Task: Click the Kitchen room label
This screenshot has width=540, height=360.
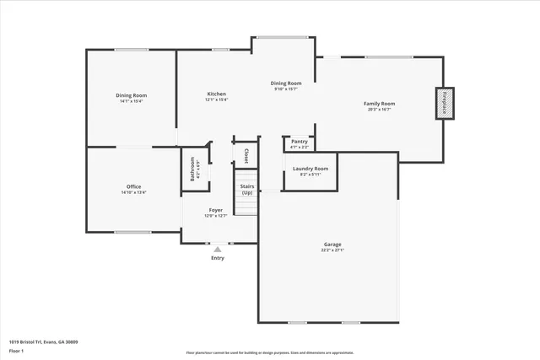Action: (x=217, y=94)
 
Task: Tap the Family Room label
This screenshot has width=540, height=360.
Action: (x=379, y=104)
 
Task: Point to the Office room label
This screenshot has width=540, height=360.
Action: (x=133, y=186)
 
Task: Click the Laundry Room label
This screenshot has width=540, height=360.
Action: (x=310, y=169)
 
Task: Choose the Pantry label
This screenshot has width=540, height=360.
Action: (x=300, y=142)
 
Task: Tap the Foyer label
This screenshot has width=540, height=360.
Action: (x=215, y=210)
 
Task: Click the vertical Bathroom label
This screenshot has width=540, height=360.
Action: (x=192, y=169)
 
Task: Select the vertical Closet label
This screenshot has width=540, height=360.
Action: (x=246, y=155)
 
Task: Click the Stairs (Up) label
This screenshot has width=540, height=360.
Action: (x=247, y=189)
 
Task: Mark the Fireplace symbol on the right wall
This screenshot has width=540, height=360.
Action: (x=444, y=103)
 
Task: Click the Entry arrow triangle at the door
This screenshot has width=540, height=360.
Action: (x=218, y=249)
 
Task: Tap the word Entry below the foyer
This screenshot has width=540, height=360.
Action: (x=218, y=258)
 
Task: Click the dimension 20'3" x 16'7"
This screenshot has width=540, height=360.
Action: (x=379, y=110)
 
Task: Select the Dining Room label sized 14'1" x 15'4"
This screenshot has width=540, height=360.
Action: (x=132, y=96)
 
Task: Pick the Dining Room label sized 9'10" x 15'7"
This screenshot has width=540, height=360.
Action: (x=286, y=83)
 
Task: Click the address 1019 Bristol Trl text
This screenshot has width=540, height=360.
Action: (x=43, y=342)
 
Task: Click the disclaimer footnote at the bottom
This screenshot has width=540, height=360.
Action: (x=270, y=352)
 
